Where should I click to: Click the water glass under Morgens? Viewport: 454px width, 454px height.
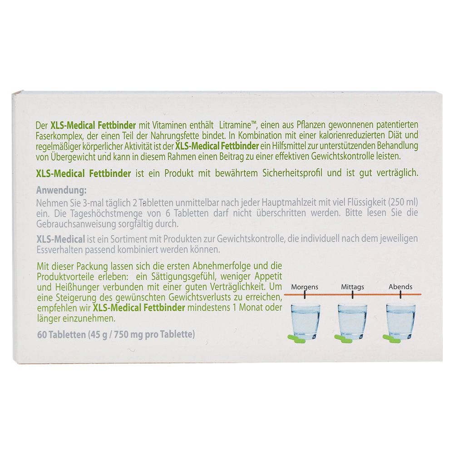click(305, 321)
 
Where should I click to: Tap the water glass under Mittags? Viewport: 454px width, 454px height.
click(353, 321)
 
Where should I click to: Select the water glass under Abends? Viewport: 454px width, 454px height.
click(401, 321)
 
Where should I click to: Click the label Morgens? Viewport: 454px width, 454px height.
click(305, 287)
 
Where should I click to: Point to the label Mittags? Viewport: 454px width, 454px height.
click(352, 287)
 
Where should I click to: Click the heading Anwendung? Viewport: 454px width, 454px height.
click(61, 191)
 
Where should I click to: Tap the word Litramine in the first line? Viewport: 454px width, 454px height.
click(235, 125)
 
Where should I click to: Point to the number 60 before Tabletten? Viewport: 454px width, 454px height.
click(42, 335)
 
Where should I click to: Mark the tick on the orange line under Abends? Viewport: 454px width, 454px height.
click(400, 295)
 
